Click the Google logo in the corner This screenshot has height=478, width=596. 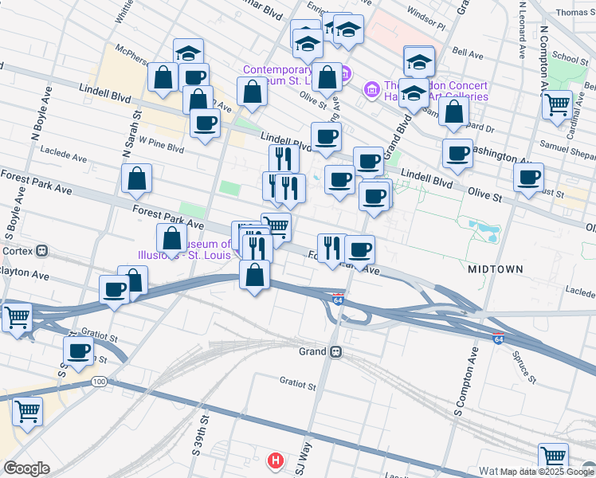coord(26,468)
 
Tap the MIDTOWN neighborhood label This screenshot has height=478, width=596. coord(496,269)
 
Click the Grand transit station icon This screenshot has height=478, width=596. coord(336,351)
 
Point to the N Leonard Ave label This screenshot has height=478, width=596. coord(523,32)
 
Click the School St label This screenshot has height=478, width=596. coord(570,58)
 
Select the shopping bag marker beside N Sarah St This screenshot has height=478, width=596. coord(137,178)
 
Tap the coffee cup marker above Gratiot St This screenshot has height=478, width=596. coord(79,350)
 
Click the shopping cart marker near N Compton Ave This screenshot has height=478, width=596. coord(557,103)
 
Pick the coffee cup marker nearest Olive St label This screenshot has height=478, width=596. coord(528,177)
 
